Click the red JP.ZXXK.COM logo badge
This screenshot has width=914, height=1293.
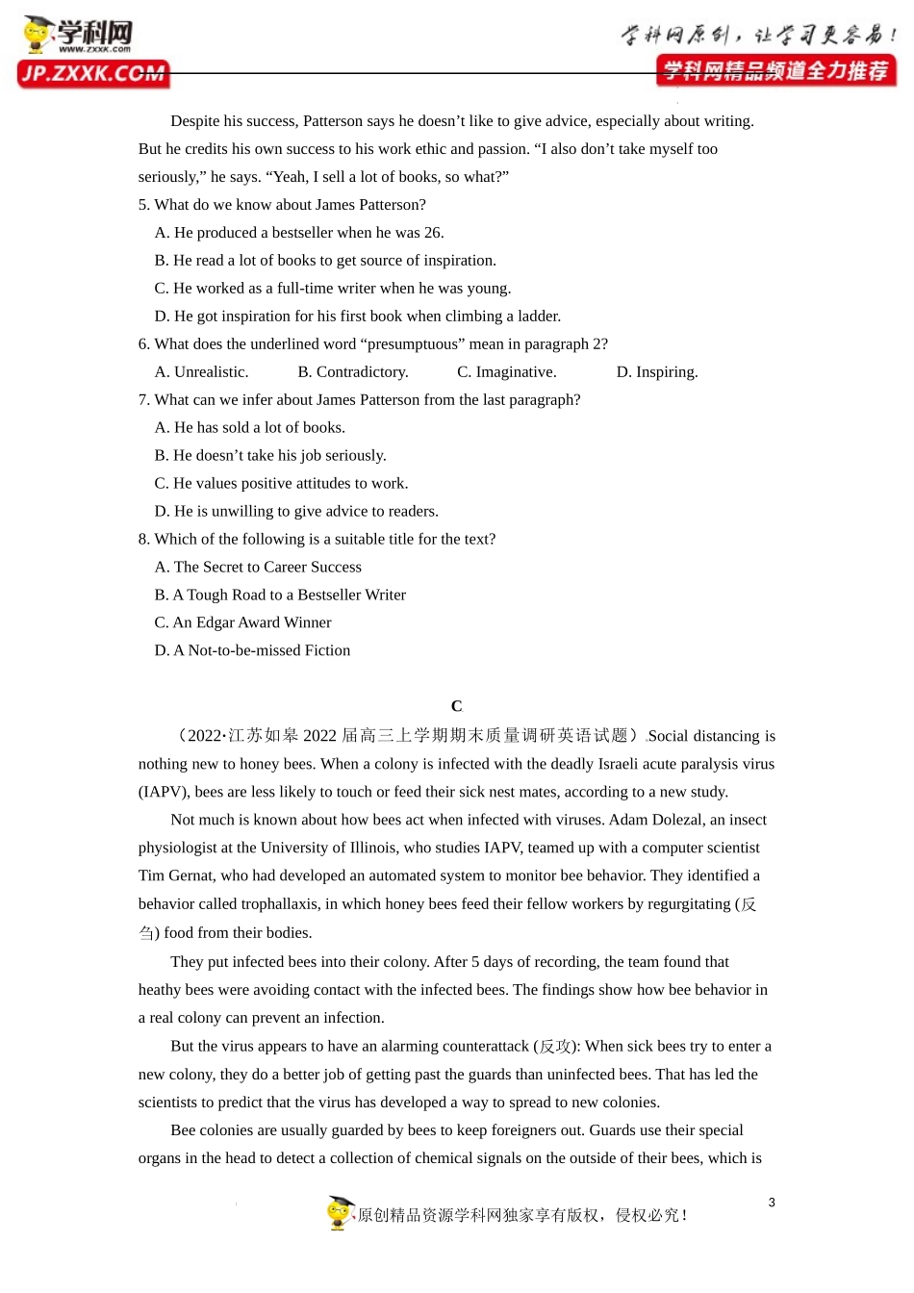point(93,74)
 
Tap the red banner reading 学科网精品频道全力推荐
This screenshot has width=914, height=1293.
point(775,71)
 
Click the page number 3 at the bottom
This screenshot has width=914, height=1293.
point(772,1203)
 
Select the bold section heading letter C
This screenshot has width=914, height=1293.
point(456,706)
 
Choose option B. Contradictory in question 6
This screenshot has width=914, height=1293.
point(353,372)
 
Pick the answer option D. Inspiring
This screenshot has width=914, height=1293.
point(657,372)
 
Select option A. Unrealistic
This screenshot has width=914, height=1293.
point(201,372)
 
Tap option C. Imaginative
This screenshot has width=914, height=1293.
point(507,372)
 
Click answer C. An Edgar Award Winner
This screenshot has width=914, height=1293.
point(242,622)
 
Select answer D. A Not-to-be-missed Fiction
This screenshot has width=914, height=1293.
point(252,650)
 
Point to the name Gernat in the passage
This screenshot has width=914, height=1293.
point(195,875)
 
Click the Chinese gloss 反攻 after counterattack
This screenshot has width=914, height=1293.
point(555,1046)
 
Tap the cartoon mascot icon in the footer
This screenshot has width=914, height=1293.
point(340,1213)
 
